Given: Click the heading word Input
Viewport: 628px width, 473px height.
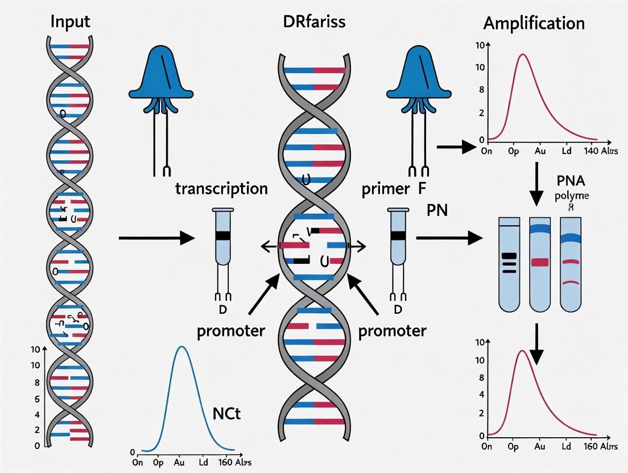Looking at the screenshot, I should [71, 23].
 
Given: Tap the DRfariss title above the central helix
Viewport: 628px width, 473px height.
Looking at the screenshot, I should [313, 23].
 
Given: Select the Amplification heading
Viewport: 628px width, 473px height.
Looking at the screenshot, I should [534, 23].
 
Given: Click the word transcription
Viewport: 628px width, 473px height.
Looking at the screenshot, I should [221, 189].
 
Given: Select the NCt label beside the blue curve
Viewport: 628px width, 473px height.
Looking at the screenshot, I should [227, 414].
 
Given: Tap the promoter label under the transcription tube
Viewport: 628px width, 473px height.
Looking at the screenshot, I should [230, 330].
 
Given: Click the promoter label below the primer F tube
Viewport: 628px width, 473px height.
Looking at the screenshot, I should [392, 330].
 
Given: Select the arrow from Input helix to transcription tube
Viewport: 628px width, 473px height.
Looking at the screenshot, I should [156, 238].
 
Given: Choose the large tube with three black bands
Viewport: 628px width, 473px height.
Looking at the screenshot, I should [508, 264].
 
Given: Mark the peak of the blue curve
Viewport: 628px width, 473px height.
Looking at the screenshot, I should [181, 347].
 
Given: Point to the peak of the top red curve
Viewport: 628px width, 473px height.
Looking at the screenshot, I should [522, 55].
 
